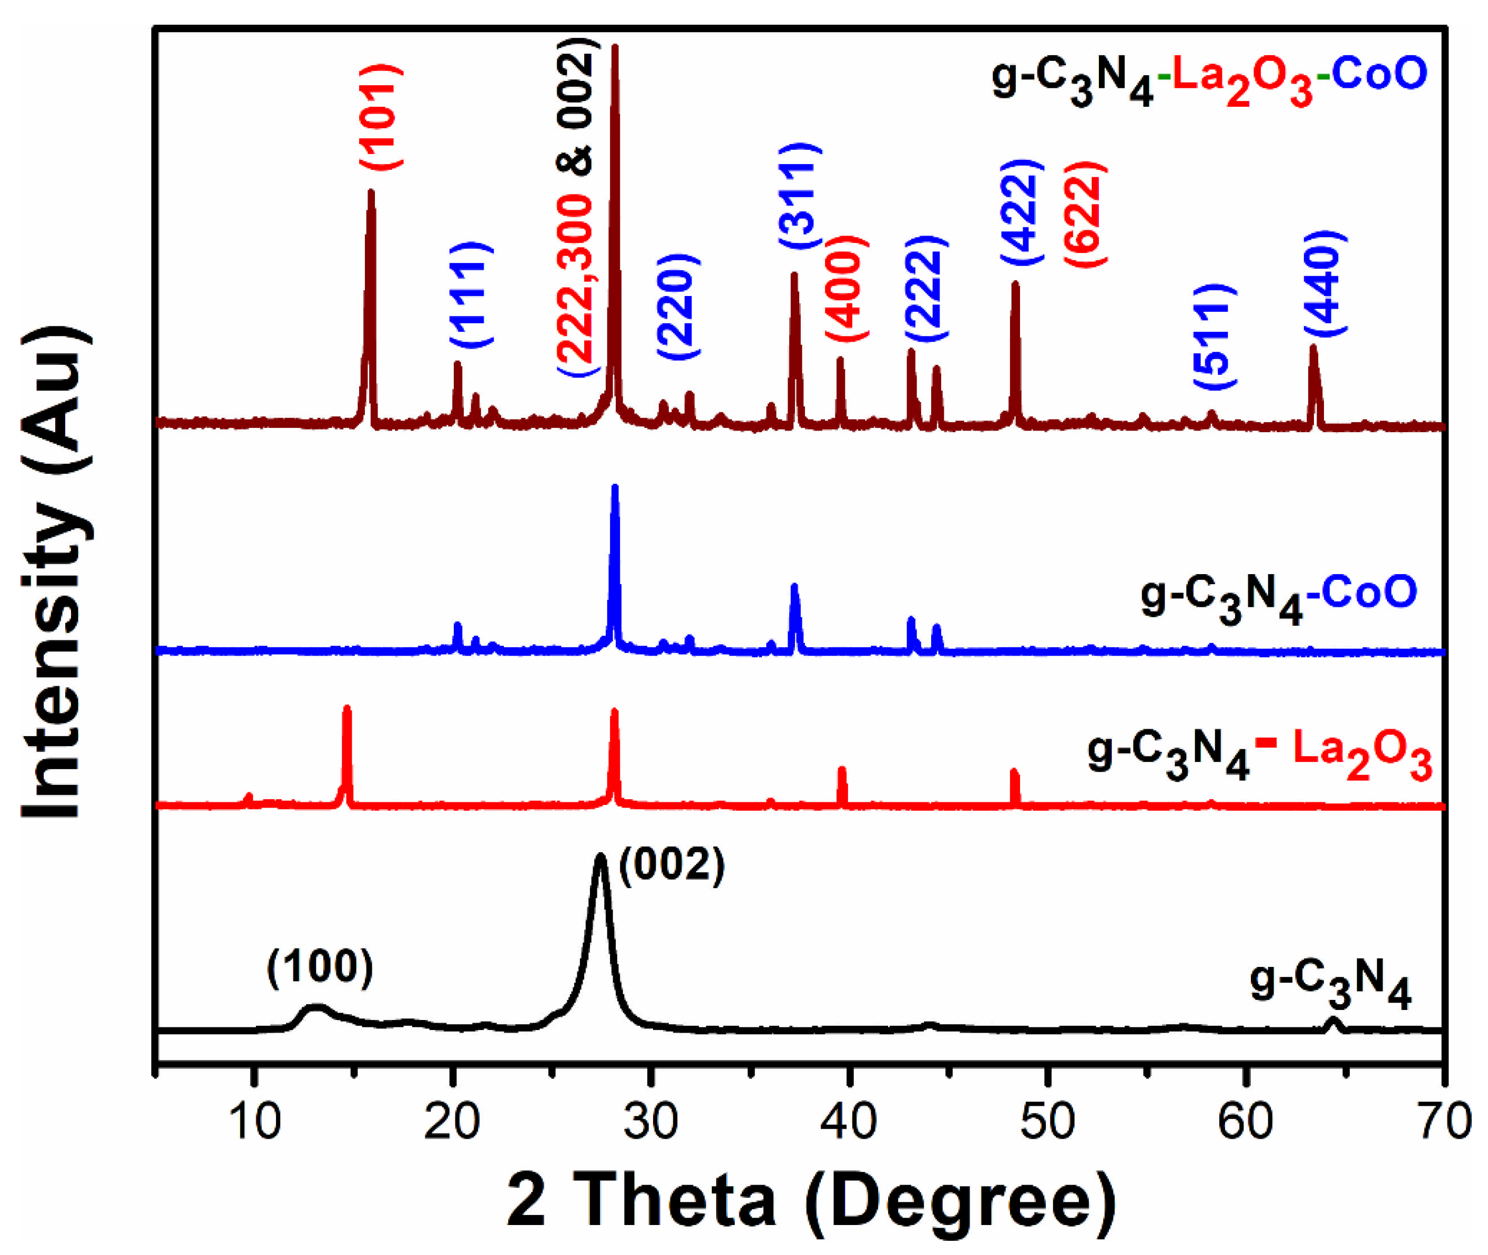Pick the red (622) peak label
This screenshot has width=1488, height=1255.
1085,213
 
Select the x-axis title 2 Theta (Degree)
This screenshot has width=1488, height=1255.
811,1202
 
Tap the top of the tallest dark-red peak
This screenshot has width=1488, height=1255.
615,47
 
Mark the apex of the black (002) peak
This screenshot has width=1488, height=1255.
600,856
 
